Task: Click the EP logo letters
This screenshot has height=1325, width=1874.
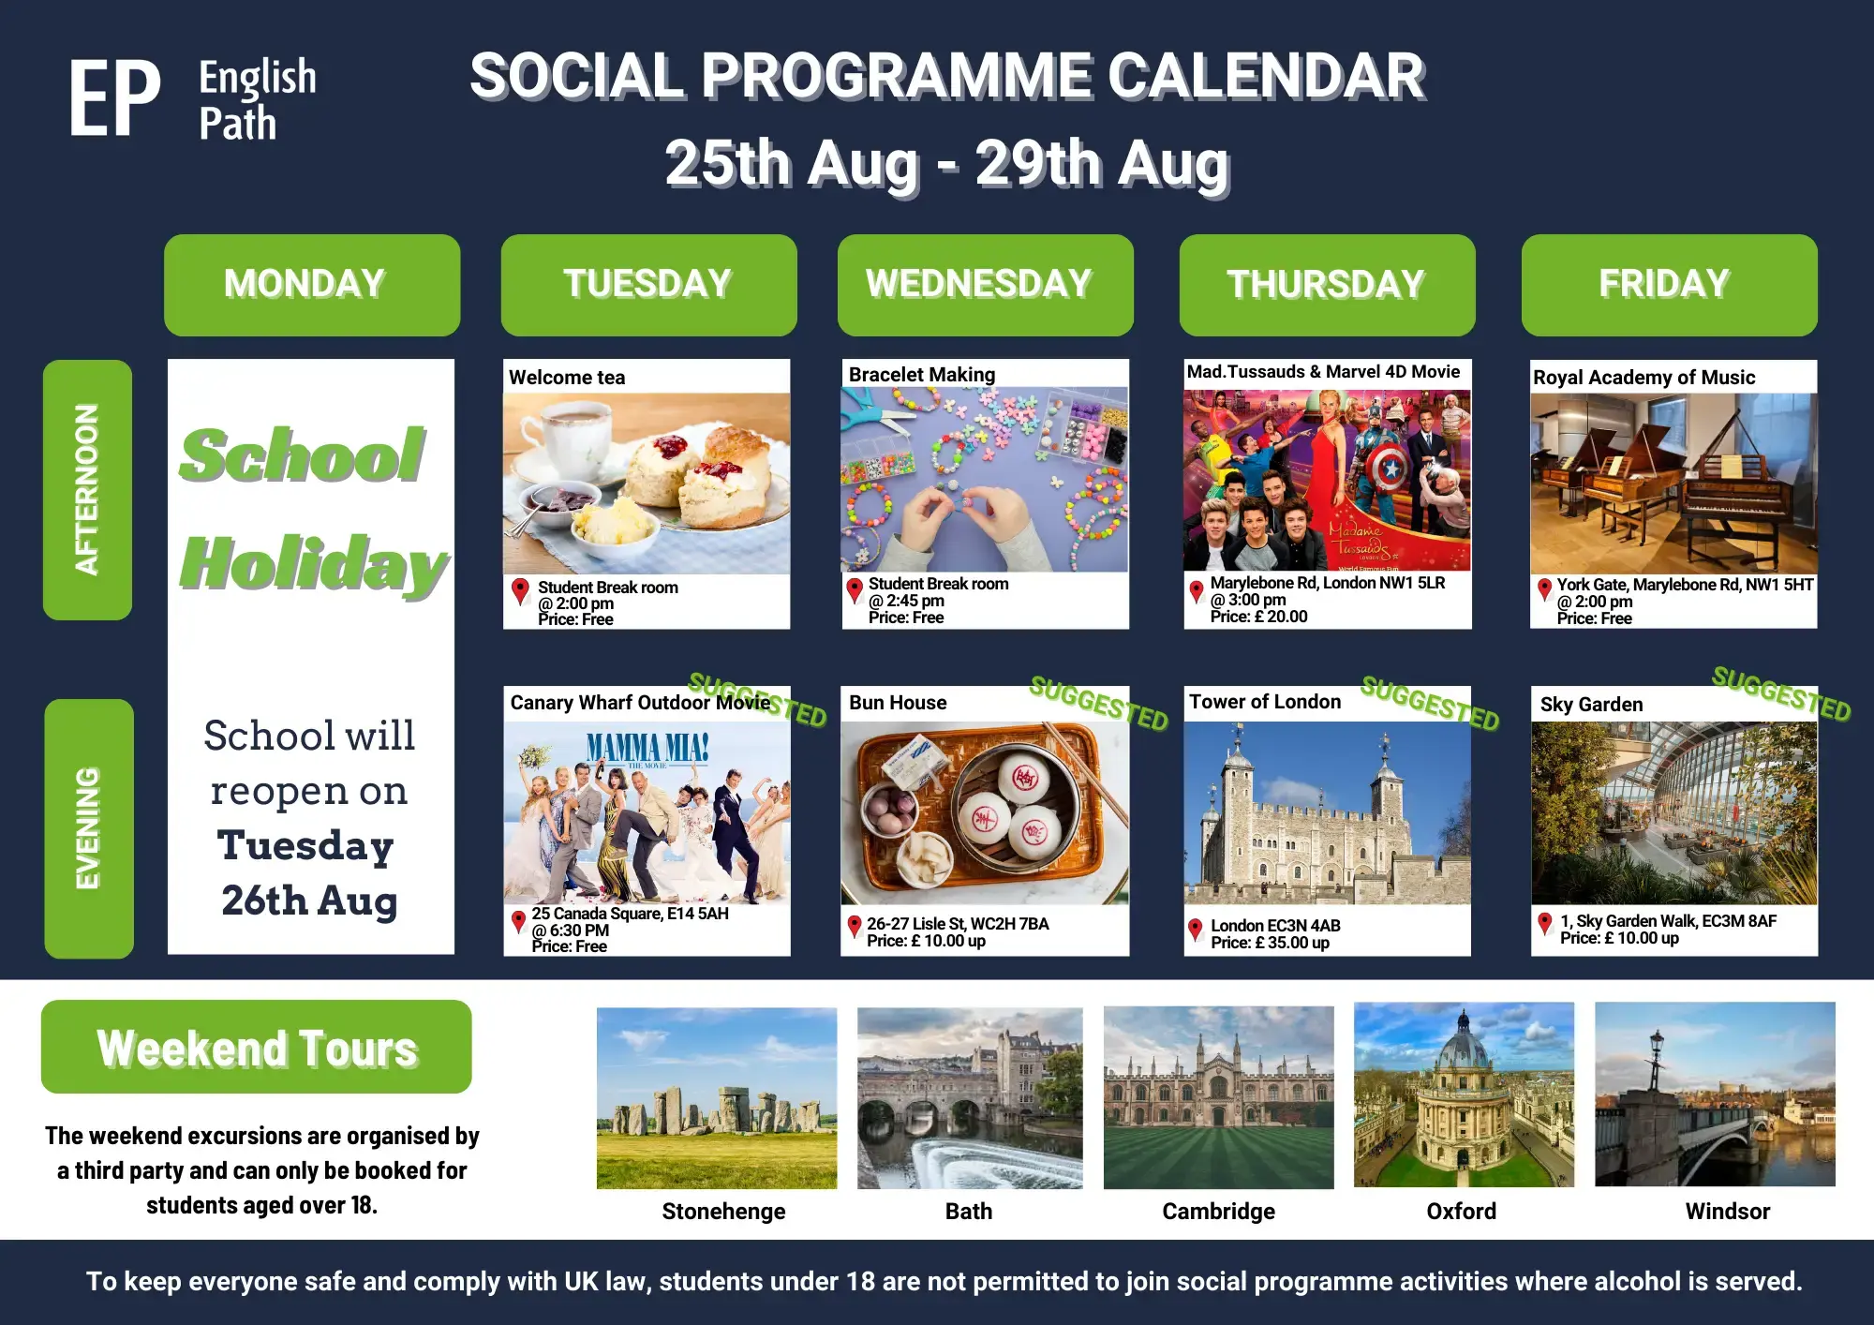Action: tap(114, 98)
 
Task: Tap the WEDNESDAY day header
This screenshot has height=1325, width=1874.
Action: tap(986, 285)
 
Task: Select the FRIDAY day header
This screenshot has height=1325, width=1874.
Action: tap(1670, 285)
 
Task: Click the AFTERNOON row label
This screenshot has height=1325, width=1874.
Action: tap(87, 489)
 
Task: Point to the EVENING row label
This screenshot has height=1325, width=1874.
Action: tap(88, 828)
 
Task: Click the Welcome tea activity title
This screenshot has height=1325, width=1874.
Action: tap(567, 378)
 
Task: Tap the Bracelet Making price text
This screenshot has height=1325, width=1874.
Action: tap(906, 618)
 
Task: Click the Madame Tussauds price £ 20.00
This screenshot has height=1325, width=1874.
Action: tap(1258, 617)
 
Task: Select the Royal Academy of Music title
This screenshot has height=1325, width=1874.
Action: tap(1643, 378)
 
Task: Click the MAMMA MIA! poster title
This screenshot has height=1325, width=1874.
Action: tap(647, 747)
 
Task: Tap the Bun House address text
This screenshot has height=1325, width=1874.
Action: tap(958, 924)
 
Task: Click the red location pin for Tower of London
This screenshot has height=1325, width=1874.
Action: tap(1195, 930)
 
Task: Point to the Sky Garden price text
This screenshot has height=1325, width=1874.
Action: tap(1619, 938)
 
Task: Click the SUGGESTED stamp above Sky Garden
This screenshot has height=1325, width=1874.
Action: tap(1781, 694)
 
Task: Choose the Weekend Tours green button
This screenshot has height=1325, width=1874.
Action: tap(256, 1047)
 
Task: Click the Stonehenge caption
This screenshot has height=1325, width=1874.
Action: tap(723, 1212)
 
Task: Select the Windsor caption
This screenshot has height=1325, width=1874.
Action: tap(1728, 1212)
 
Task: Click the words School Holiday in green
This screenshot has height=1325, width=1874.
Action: tap(313, 510)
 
